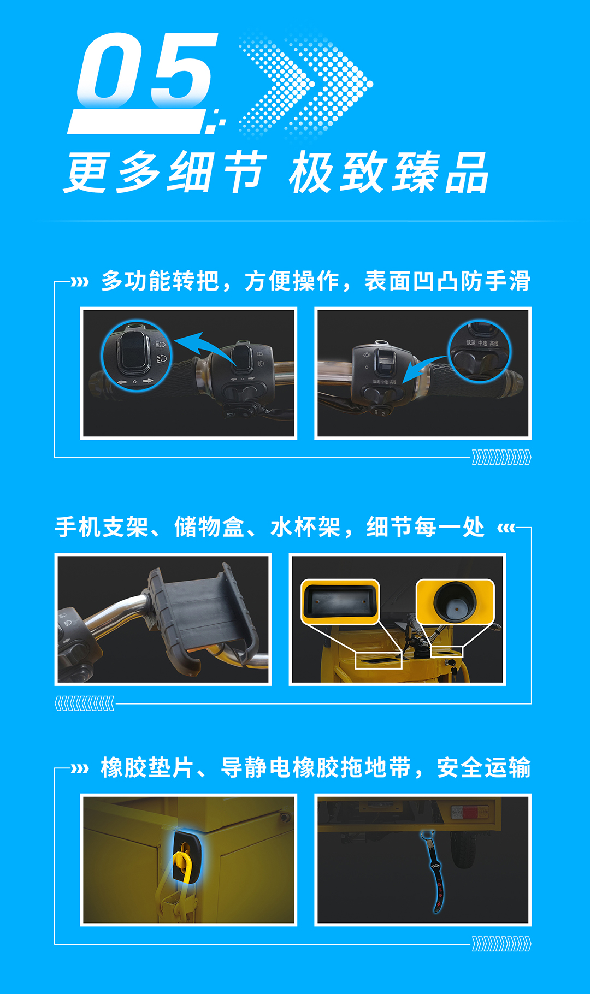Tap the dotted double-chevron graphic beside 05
tap(306, 85)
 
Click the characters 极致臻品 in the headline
tap(389, 174)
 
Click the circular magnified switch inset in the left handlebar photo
tap(137, 355)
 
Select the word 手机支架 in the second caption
tap(102, 528)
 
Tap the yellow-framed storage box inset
tap(340, 601)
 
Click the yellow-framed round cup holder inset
tap(455, 601)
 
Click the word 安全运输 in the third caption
tap(483, 768)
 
